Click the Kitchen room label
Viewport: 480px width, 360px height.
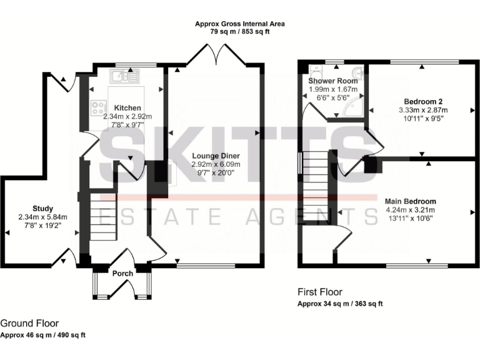pos(127,108)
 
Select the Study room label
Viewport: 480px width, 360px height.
pos(42,209)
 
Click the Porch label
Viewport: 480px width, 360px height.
pos(122,273)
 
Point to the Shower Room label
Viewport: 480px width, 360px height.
pos(333,81)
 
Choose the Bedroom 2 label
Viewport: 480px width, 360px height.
pos(424,101)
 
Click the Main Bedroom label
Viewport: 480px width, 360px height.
pos(410,201)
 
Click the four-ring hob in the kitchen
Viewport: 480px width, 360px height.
pos(99,108)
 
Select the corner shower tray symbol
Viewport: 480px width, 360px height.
pos(354,107)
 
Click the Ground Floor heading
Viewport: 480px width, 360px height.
pos(29,323)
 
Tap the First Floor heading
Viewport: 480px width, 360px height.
pos(320,292)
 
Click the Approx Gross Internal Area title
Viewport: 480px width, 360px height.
pos(239,24)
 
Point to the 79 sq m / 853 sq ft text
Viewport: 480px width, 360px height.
pos(239,32)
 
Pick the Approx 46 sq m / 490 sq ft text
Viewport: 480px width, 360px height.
pos(42,335)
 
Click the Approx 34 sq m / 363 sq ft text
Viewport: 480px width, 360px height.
pos(340,304)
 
